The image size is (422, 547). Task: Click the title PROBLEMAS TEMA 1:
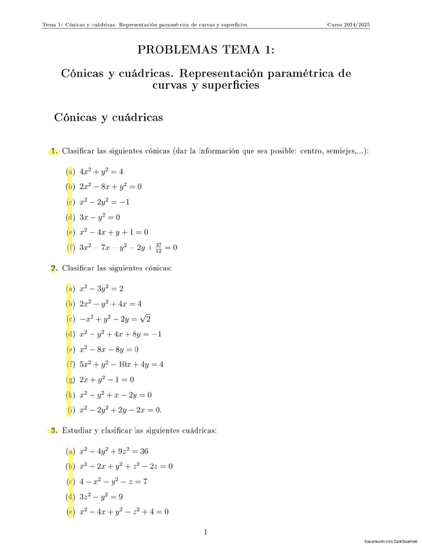pyautogui.click(x=207, y=50)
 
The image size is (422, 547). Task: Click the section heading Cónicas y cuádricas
pyautogui.click(x=108, y=117)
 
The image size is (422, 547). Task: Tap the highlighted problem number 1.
pyautogui.click(x=54, y=152)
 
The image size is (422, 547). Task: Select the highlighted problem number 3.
pyautogui.click(x=54, y=430)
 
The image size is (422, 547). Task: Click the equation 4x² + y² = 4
pyautogui.click(x=101, y=172)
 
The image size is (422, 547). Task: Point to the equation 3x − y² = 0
pyautogui.click(x=100, y=217)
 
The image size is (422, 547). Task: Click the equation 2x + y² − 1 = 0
pyautogui.click(x=107, y=379)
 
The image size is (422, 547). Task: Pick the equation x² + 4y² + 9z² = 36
pyautogui.click(x=114, y=451)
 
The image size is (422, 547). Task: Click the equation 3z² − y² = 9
pyautogui.click(x=101, y=497)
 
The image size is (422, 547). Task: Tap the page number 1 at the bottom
pyautogui.click(x=206, y=532)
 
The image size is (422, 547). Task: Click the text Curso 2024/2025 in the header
pyautogui.click(x=349, y=25)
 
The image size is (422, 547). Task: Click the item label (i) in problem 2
pyautogui.click(x=71, y=410)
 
